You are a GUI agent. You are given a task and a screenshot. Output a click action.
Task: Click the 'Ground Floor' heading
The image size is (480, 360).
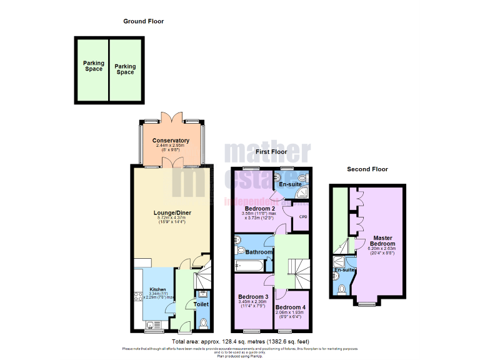coord(143,21)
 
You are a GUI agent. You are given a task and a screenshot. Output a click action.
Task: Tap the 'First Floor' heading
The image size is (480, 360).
coord(271,152)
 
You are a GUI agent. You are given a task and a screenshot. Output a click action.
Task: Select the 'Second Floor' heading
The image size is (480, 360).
coord(367,169)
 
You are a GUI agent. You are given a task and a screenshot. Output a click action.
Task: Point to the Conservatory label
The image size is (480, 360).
coord(171,141)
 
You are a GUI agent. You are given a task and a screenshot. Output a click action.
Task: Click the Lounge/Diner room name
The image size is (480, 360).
coord(172,213)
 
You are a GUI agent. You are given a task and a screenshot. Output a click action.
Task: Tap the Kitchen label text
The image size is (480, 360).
coord(157,289)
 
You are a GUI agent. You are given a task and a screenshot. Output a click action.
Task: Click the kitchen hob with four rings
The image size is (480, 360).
coord(138,297)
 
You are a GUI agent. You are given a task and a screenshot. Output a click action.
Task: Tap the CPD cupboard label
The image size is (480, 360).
coord(304,217)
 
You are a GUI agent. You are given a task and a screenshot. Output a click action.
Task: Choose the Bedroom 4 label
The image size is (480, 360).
coord(291,307)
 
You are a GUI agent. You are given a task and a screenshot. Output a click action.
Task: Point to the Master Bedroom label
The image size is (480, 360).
coord(382,241)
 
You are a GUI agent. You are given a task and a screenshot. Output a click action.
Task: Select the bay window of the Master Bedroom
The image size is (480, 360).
coord(367,304)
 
